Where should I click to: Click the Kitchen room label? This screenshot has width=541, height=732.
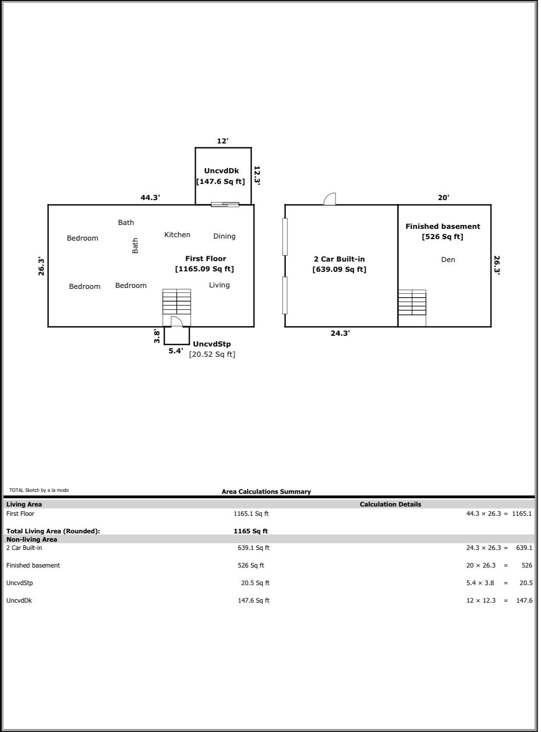coord(177,235)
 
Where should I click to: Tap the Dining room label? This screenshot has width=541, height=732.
coord(224,236)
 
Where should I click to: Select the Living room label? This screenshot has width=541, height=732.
coord(219,285)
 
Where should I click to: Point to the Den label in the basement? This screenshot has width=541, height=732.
coord(448,260)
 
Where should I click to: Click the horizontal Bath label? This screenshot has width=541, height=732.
coord(126,223)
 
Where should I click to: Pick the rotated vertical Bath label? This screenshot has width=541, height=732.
coord(135,245)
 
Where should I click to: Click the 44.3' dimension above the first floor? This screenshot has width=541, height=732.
coord(150,198)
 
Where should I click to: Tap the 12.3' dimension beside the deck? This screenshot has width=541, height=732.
coord(257,175)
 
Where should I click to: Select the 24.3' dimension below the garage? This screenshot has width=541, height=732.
coord(340,333)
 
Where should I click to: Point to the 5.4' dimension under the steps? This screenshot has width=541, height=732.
coord(175,351)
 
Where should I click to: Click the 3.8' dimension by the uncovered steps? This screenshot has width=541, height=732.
coord(157,336)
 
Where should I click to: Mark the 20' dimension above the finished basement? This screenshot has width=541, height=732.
coord(443,198)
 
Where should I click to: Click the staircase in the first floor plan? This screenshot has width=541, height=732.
coord(176,302)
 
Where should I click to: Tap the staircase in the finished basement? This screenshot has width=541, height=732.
coord(412,303)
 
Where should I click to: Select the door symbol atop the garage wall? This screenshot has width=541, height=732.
coord(330,199)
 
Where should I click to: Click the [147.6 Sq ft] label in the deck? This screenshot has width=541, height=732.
coord(220,182)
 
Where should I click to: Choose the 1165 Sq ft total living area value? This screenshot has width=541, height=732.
coord(251,531)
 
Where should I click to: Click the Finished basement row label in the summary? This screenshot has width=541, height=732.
coord(33,565)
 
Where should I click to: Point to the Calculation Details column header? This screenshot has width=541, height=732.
coord(390,504)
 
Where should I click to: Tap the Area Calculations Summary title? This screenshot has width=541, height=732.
coord(266,491)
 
